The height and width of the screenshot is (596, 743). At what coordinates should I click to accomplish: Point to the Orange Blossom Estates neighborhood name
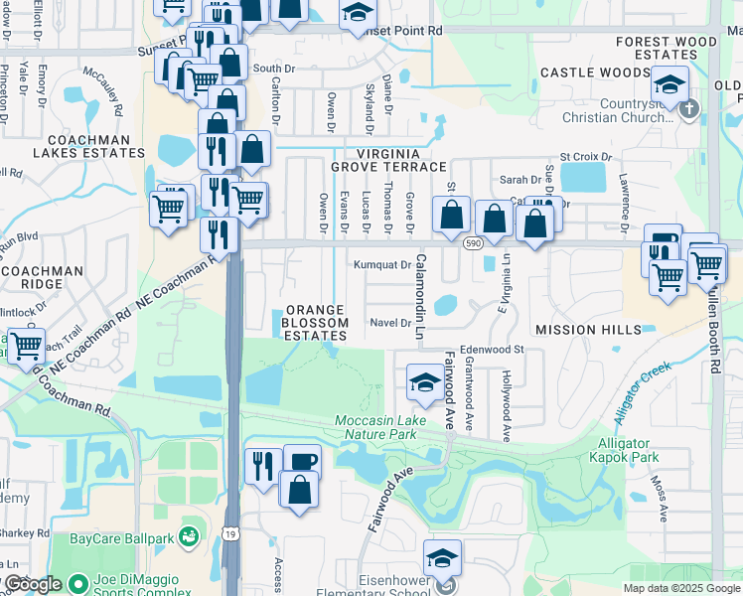pyautogui.click(x=316, y=323)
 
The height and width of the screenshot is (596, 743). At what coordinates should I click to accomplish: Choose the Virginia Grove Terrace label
pyautogui.click(x=388, y=161)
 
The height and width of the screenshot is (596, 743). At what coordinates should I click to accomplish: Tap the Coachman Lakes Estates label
pyautogui.click(x=88, y=147)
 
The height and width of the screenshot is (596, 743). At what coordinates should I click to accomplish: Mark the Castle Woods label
pyautogui.click(x=594, y=73)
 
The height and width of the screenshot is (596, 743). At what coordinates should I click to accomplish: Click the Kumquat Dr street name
pyautogui.click(x=382, y=265)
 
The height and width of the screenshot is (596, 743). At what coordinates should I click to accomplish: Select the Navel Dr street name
pyautogui.click(x=389, y=322)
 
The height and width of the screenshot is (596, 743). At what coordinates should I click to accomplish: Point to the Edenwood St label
pyautogui.click(x=491, y=350)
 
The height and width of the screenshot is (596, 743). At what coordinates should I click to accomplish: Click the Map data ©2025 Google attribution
pyautogui.click(x=681, y=588)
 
